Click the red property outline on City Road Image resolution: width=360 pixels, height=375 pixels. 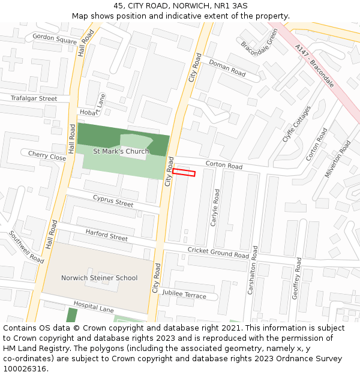click(184, 172)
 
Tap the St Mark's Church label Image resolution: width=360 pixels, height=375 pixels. click(121, 151)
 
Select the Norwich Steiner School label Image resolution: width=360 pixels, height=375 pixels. click(99, 278)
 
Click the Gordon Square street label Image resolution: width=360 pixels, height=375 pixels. click(55, 38)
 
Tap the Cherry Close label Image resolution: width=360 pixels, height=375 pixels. click(47, 156)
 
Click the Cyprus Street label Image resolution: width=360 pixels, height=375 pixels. click(113, 201)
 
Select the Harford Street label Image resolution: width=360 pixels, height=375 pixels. click(106, 235)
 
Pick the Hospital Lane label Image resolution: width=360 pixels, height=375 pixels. click(94, 307)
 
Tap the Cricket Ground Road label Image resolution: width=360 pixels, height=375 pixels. click(218, 253)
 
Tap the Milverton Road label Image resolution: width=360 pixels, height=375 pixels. click(337, 159)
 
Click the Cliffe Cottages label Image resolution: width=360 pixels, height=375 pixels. click(297, 124)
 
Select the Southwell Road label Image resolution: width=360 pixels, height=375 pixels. click(26, 247)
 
